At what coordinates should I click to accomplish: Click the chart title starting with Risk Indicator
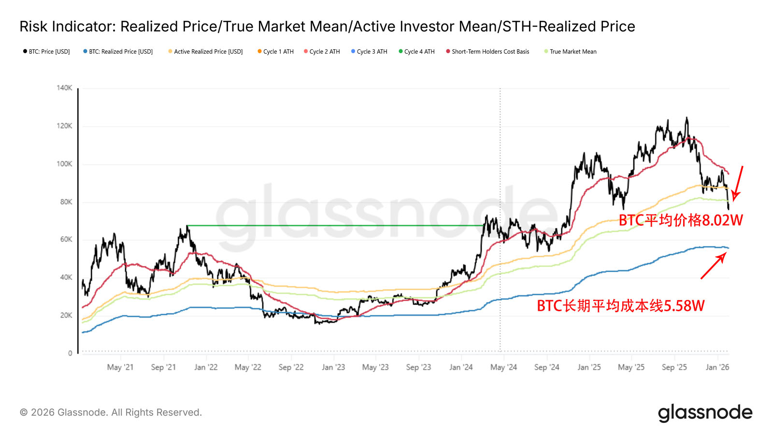(x=327, y=27)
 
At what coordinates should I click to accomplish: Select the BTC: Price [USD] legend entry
(x=47, y=52)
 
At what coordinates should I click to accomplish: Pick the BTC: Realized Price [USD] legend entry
(x=118, y=52)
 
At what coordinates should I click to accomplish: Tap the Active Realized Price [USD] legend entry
(x=206, y=52)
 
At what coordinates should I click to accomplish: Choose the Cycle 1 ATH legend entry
(x=276, y=52)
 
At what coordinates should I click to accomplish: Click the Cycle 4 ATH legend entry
(x=417, y=52)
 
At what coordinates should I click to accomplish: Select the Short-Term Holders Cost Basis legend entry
(x=488, y=52)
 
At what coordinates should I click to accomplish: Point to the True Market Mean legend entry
(x=571, y=52)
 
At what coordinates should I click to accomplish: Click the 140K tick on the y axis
(x=64, y=88)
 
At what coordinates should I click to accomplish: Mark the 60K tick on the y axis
(x=66, y=240)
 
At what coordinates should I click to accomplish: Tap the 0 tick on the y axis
(x=70, y=353)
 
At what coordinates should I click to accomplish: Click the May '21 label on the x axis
(x=120, y=367)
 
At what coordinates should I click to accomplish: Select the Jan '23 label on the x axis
(x=333, y=367)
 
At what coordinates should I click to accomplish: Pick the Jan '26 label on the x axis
(x=717, y=367)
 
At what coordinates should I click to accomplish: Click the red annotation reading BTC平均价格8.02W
(x=681, y=220)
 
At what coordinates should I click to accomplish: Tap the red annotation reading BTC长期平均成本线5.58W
(x=621, y=306)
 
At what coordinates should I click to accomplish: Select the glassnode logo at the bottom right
(x=705, y=413)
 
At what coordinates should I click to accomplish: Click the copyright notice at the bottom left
(x=111, y=413)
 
